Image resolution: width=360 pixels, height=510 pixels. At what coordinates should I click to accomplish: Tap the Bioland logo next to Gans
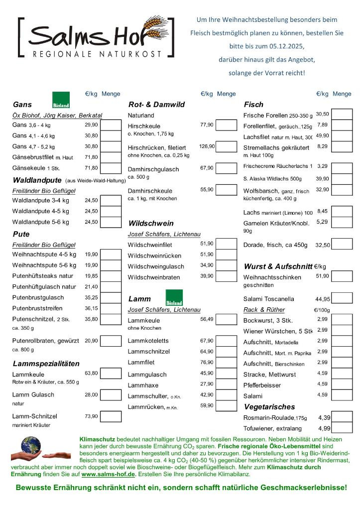61,100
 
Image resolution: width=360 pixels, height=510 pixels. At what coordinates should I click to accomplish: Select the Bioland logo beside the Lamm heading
174,297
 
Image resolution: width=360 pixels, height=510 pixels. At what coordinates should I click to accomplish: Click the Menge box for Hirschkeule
227,126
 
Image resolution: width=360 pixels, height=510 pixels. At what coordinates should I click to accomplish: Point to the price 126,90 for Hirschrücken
207,146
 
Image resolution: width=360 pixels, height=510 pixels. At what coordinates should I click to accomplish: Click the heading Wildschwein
151,223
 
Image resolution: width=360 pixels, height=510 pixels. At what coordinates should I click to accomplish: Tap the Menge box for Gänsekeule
111,168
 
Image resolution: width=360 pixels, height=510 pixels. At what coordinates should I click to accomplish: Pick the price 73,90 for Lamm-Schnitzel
91,416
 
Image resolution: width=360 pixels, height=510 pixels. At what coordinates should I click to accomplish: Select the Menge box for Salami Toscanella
342,299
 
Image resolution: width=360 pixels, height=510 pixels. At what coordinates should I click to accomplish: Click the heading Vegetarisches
269,407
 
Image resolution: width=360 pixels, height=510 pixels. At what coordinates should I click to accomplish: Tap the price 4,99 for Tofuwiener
324,428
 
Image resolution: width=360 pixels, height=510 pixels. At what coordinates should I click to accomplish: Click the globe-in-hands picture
32,448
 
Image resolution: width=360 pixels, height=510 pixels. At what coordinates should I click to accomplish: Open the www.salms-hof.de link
109,475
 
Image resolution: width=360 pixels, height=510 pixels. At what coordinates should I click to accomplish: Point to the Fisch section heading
253,105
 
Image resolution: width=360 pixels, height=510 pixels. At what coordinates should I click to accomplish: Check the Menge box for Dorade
342,245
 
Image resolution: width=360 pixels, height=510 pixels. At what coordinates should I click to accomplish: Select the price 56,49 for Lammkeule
207,319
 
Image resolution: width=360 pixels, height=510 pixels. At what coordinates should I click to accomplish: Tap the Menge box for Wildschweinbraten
227,277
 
